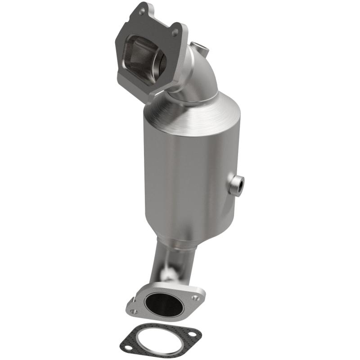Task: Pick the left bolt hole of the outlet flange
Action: [x=134, y=310]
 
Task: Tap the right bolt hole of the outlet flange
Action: [x=195, y=298]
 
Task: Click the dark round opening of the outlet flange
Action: [x=164, y=304]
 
